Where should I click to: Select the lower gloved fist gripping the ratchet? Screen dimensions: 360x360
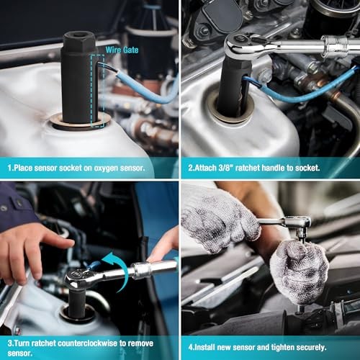coord(299,270)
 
